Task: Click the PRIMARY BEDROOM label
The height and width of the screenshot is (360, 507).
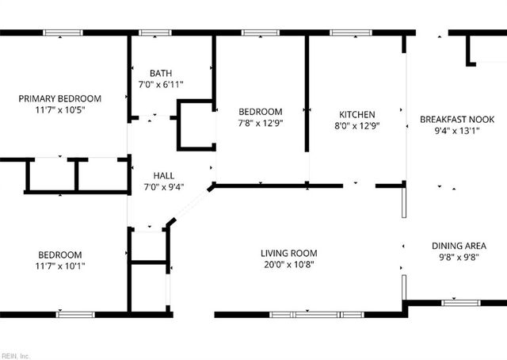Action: [60, 98]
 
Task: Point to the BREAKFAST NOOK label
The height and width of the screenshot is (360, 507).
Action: [457, 120]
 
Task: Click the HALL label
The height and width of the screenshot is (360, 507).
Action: [164, 175]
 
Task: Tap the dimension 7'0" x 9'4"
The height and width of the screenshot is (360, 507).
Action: [164, 187]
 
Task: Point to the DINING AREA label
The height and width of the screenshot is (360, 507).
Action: [459, 246]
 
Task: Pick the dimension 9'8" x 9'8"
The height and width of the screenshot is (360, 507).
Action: [459, 258]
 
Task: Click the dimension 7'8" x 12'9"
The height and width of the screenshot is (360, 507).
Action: [261, 124]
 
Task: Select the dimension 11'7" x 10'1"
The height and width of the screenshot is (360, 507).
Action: [60, 266]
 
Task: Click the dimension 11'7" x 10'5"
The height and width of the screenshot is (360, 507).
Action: [60, 110]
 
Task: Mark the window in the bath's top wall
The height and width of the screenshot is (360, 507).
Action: [154, 33]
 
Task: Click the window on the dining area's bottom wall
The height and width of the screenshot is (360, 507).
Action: [460, 302]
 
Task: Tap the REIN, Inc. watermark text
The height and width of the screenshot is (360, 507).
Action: [15, 356]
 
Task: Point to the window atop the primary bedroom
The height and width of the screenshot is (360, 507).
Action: [63, 33]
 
